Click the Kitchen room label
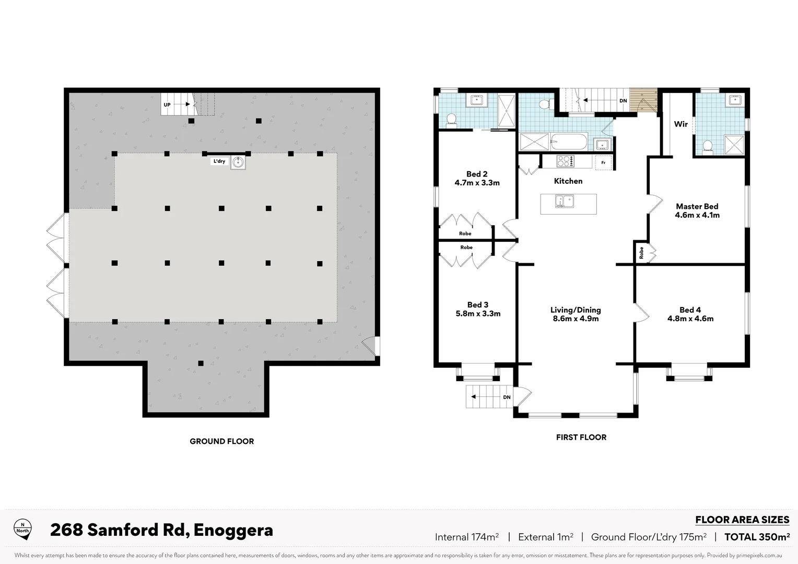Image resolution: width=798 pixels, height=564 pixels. pos(568,181)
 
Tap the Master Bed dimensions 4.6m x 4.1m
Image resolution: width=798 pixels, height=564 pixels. pos(697,215)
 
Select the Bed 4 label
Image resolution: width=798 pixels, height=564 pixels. pos(690,310)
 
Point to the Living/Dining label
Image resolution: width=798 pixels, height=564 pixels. pos(576,310)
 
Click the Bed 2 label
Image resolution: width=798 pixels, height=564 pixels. pos(477,174)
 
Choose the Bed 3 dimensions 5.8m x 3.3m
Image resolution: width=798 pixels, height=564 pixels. pos(478,314)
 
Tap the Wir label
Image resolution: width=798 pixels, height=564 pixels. pos(680,124)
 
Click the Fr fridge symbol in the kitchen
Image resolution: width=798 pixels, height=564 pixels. pos(603,162)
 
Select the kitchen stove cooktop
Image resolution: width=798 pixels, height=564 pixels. pos(565,161)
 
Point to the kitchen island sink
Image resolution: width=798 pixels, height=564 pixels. pos(565,201)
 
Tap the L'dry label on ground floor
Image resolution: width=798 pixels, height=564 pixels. pos(219,161)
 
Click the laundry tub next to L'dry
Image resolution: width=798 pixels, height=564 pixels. pos(238,162)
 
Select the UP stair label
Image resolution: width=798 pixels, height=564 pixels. pos(167,104)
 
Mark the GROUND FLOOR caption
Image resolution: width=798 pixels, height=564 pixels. pos(221,441)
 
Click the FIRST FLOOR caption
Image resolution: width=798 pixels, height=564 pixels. pos(581,438)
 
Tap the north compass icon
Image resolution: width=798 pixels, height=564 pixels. pos(22,528)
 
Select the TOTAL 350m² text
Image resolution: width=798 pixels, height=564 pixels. pos(757,537)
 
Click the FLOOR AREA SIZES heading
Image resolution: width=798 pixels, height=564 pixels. pos(742,520)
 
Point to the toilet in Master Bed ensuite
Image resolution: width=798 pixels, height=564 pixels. pos(708,147)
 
